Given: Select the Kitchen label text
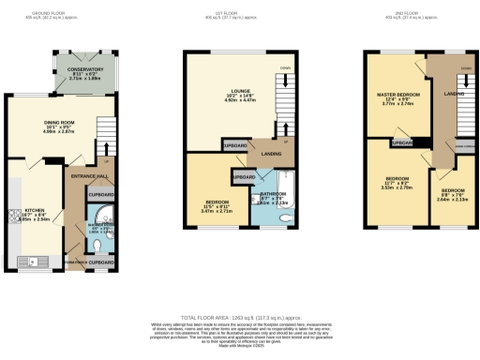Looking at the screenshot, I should click(x=35, y=211).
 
